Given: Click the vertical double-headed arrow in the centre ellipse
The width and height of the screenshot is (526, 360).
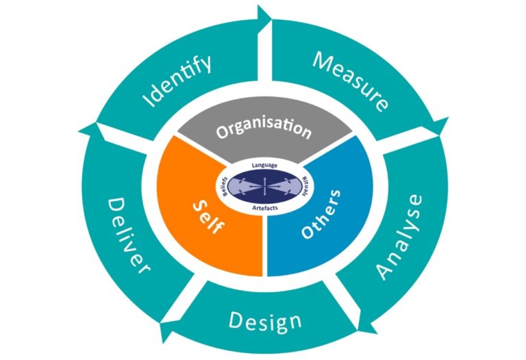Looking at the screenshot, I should (x=264, y=185).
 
